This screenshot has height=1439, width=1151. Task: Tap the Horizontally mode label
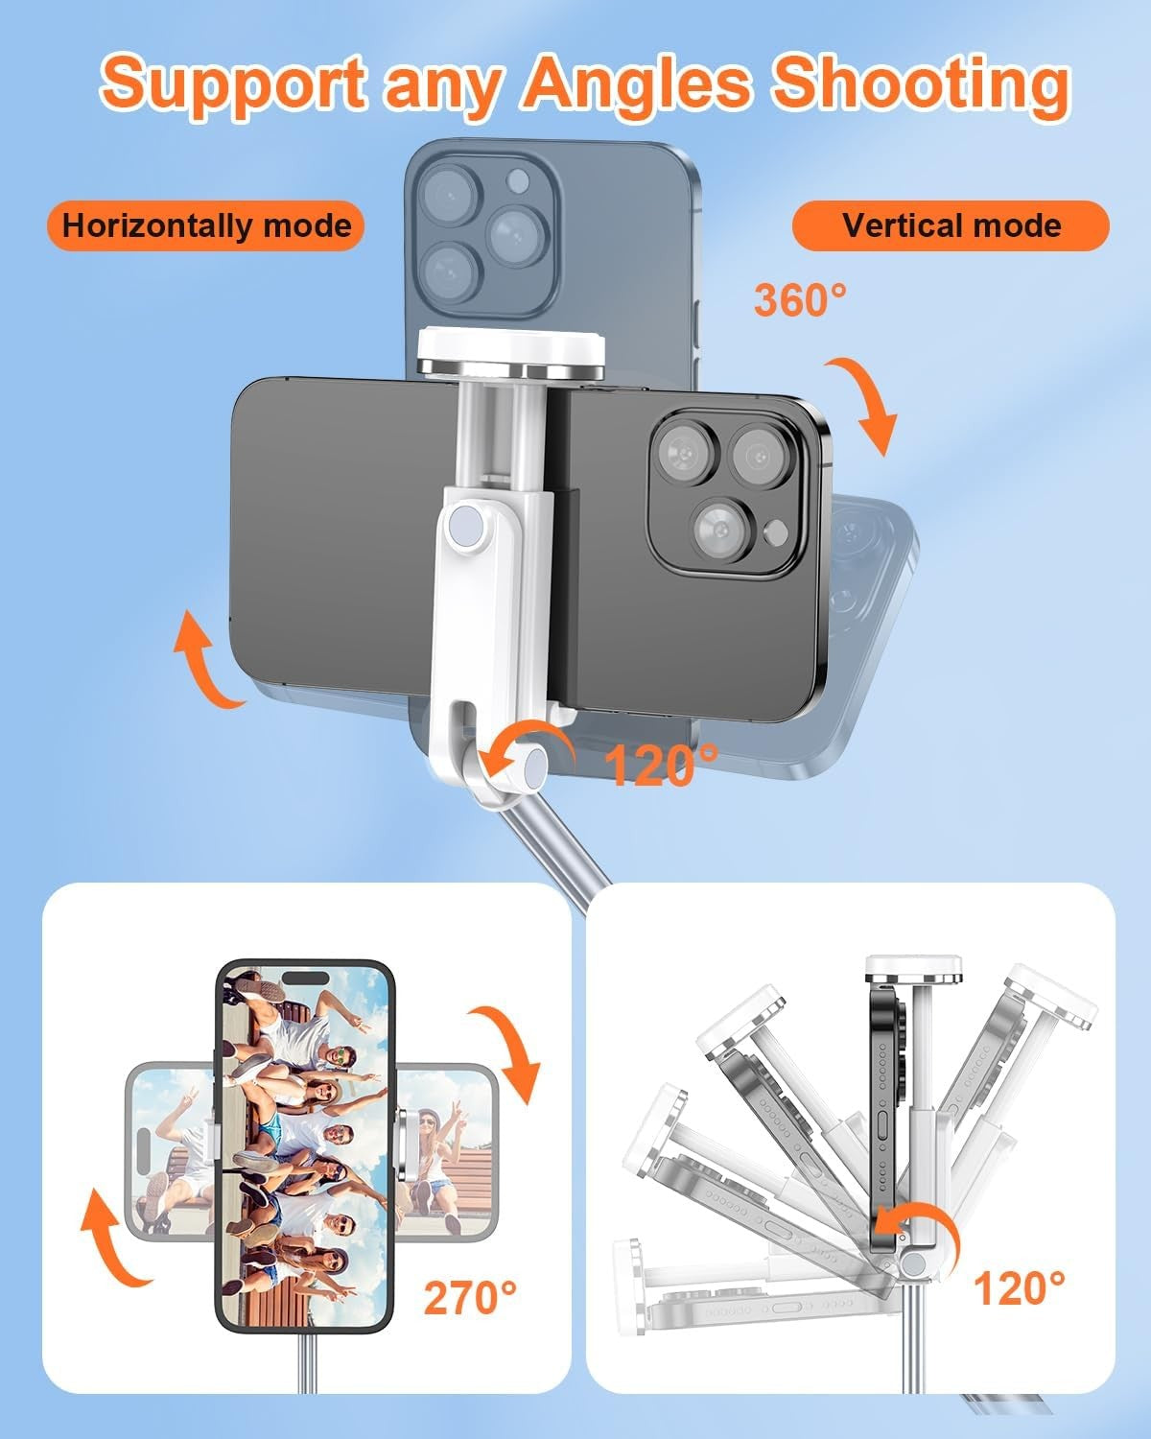(206, 226)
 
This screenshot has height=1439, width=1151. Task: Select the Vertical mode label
(951, 226)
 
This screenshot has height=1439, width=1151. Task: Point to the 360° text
(800, 300)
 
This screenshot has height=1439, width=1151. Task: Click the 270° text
(470, 1297)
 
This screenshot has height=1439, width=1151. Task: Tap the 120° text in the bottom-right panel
(1019, 1287)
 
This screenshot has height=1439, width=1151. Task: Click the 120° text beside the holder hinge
(662, 765)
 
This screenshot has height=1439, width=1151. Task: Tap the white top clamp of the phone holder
(510, 351)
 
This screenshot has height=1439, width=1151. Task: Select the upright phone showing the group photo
(305, 1146)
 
